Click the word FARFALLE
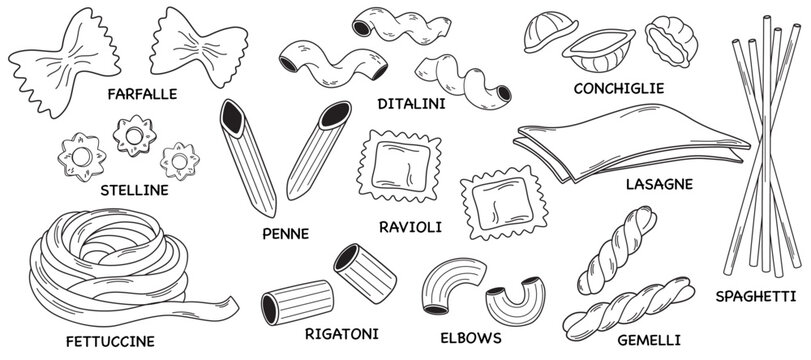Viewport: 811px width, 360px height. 142,94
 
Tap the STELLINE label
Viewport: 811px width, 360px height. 134,190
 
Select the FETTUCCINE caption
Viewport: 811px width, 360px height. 110,342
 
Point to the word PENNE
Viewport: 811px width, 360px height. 286,234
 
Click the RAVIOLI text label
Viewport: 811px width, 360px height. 411,227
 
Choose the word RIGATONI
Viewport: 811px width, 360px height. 342,334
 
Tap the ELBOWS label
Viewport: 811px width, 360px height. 471,338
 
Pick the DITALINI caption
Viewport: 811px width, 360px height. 412,104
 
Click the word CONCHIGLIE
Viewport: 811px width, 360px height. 619,88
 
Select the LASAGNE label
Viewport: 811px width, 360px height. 659,184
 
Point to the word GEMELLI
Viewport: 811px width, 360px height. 649,340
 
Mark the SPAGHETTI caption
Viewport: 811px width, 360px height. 756,296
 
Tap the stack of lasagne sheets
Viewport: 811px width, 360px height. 631,142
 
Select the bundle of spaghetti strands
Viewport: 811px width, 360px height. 765,145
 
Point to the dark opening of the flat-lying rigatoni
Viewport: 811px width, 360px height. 269,309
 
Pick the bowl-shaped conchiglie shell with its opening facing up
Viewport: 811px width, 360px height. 599,50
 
